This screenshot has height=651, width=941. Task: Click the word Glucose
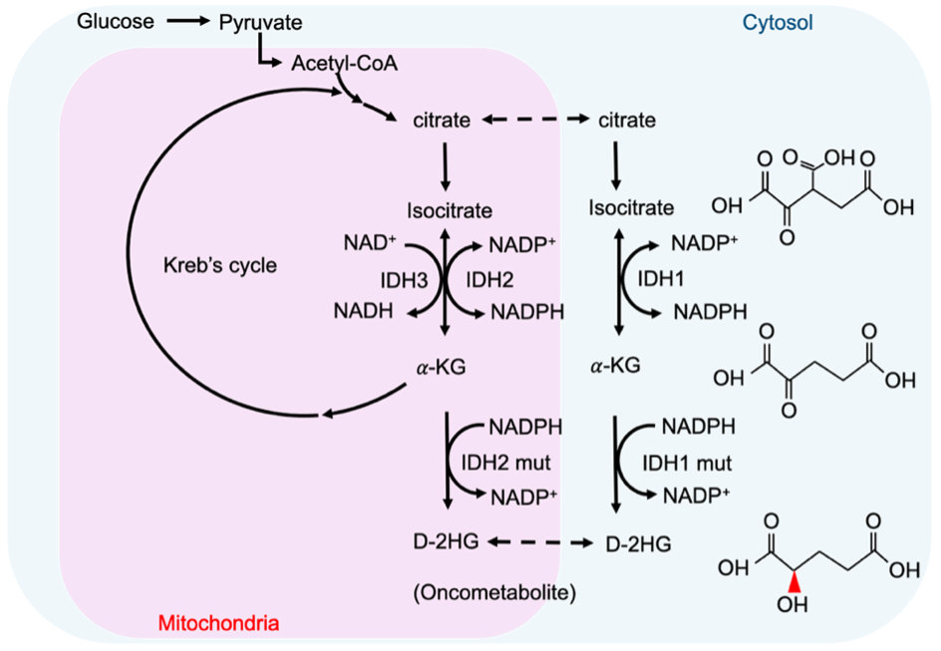pos(117,21)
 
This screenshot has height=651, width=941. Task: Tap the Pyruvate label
pos(261,21)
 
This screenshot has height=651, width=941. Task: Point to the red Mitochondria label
pos(218,624)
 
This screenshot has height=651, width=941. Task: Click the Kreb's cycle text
pos(219,266)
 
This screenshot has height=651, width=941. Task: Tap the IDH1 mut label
pos(687,463)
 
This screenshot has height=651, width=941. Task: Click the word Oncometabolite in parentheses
pos(495,593)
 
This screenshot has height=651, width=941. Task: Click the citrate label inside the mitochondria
pos(441,121)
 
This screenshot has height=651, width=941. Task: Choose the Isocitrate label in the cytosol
pos(631,208)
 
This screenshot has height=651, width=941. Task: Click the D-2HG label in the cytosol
pos(637,544)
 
